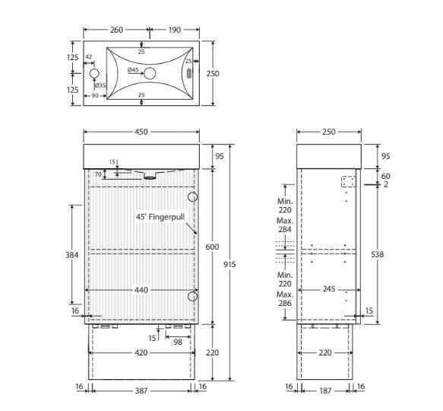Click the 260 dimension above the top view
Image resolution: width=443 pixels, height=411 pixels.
pos(116,30)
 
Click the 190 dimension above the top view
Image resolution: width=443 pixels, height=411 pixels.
pos(174,30)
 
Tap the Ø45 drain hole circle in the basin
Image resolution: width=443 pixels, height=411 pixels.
pos(150,74)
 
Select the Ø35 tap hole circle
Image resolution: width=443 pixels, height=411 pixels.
pos(94,74)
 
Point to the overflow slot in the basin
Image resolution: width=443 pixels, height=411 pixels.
pos(189,74)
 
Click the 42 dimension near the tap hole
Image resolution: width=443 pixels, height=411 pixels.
pos(89,56)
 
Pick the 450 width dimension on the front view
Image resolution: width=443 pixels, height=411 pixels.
pos(141,132)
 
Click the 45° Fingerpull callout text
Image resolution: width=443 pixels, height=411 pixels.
pos(160,217)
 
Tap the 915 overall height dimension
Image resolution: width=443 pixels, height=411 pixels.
pos(229,264)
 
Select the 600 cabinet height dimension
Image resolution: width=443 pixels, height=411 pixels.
pos(212,247)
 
